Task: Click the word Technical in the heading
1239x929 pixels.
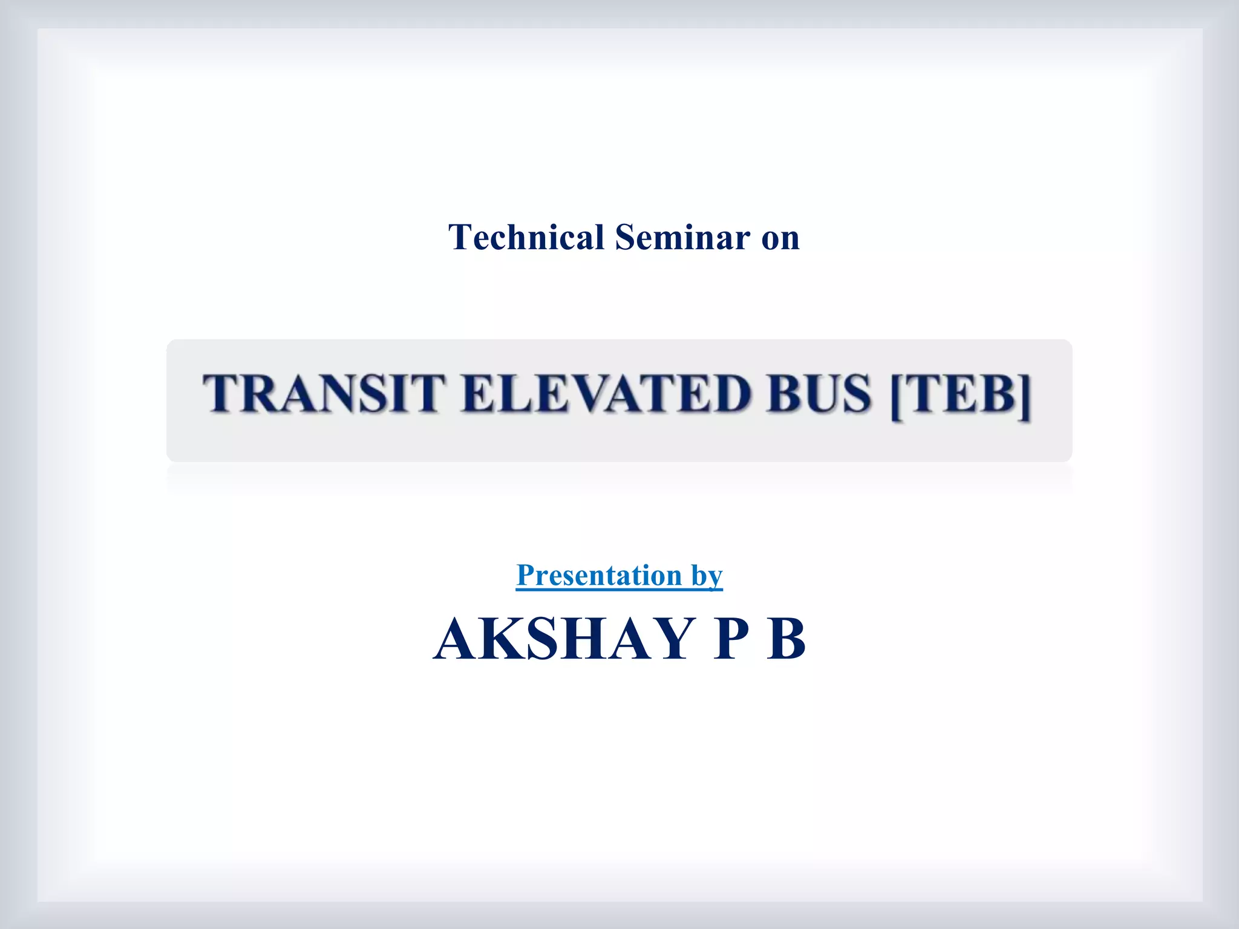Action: [x=526, y=237]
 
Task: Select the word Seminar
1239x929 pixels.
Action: [x=682, y=237]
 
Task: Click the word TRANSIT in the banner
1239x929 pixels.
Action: [x=324, y=394]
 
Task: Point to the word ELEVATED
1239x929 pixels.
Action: [x=605, y=394]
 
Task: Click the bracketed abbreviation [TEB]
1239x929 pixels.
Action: [x=961, y=395]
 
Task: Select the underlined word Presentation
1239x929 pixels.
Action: [x=599, y=575]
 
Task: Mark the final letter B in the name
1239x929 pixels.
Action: [x=786, y=639]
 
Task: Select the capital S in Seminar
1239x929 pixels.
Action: [x=625, y=237]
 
